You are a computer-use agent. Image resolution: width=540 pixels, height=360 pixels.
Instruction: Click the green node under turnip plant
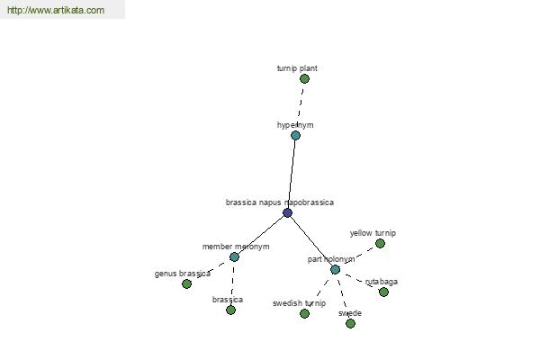tap(304, 79)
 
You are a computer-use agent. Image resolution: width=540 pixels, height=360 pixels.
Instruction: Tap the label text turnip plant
tap(297, 68)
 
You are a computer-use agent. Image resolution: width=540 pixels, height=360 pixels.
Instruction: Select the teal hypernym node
tap(295, 136)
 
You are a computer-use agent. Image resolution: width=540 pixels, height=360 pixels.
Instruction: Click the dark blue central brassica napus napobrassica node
tap(287, 213)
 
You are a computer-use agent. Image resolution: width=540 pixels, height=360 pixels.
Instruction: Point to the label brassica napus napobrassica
tap(279, 202)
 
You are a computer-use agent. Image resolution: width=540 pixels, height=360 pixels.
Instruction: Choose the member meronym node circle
tap(234, 256)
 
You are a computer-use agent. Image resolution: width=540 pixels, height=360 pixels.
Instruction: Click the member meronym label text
tap(235, 246)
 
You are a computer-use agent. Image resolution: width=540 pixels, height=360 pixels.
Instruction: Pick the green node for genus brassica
tap(186, 283)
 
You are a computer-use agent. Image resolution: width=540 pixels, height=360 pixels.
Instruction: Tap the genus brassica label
tap(182, 274)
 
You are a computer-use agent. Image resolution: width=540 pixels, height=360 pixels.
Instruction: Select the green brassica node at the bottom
tap(230, 310)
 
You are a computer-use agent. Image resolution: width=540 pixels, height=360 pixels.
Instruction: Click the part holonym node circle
tap(335, 269)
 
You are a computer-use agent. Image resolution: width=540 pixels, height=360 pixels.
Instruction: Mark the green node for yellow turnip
tap(380, 243)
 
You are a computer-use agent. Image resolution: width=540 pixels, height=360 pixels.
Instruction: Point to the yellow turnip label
tap(373, 233)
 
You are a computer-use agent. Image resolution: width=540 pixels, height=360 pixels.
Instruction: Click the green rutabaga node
tap(383, 292)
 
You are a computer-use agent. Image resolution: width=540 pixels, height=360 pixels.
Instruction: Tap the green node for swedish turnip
tap(304, 313)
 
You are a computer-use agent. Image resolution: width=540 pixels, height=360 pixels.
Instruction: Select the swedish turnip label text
tap(299, 303)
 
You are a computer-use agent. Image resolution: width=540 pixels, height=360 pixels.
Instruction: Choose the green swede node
tap(350, 323)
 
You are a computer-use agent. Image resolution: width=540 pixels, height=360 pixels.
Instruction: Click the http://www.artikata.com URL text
tap(56, 11)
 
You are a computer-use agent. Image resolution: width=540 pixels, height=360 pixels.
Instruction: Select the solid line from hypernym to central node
tap(292, 175)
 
